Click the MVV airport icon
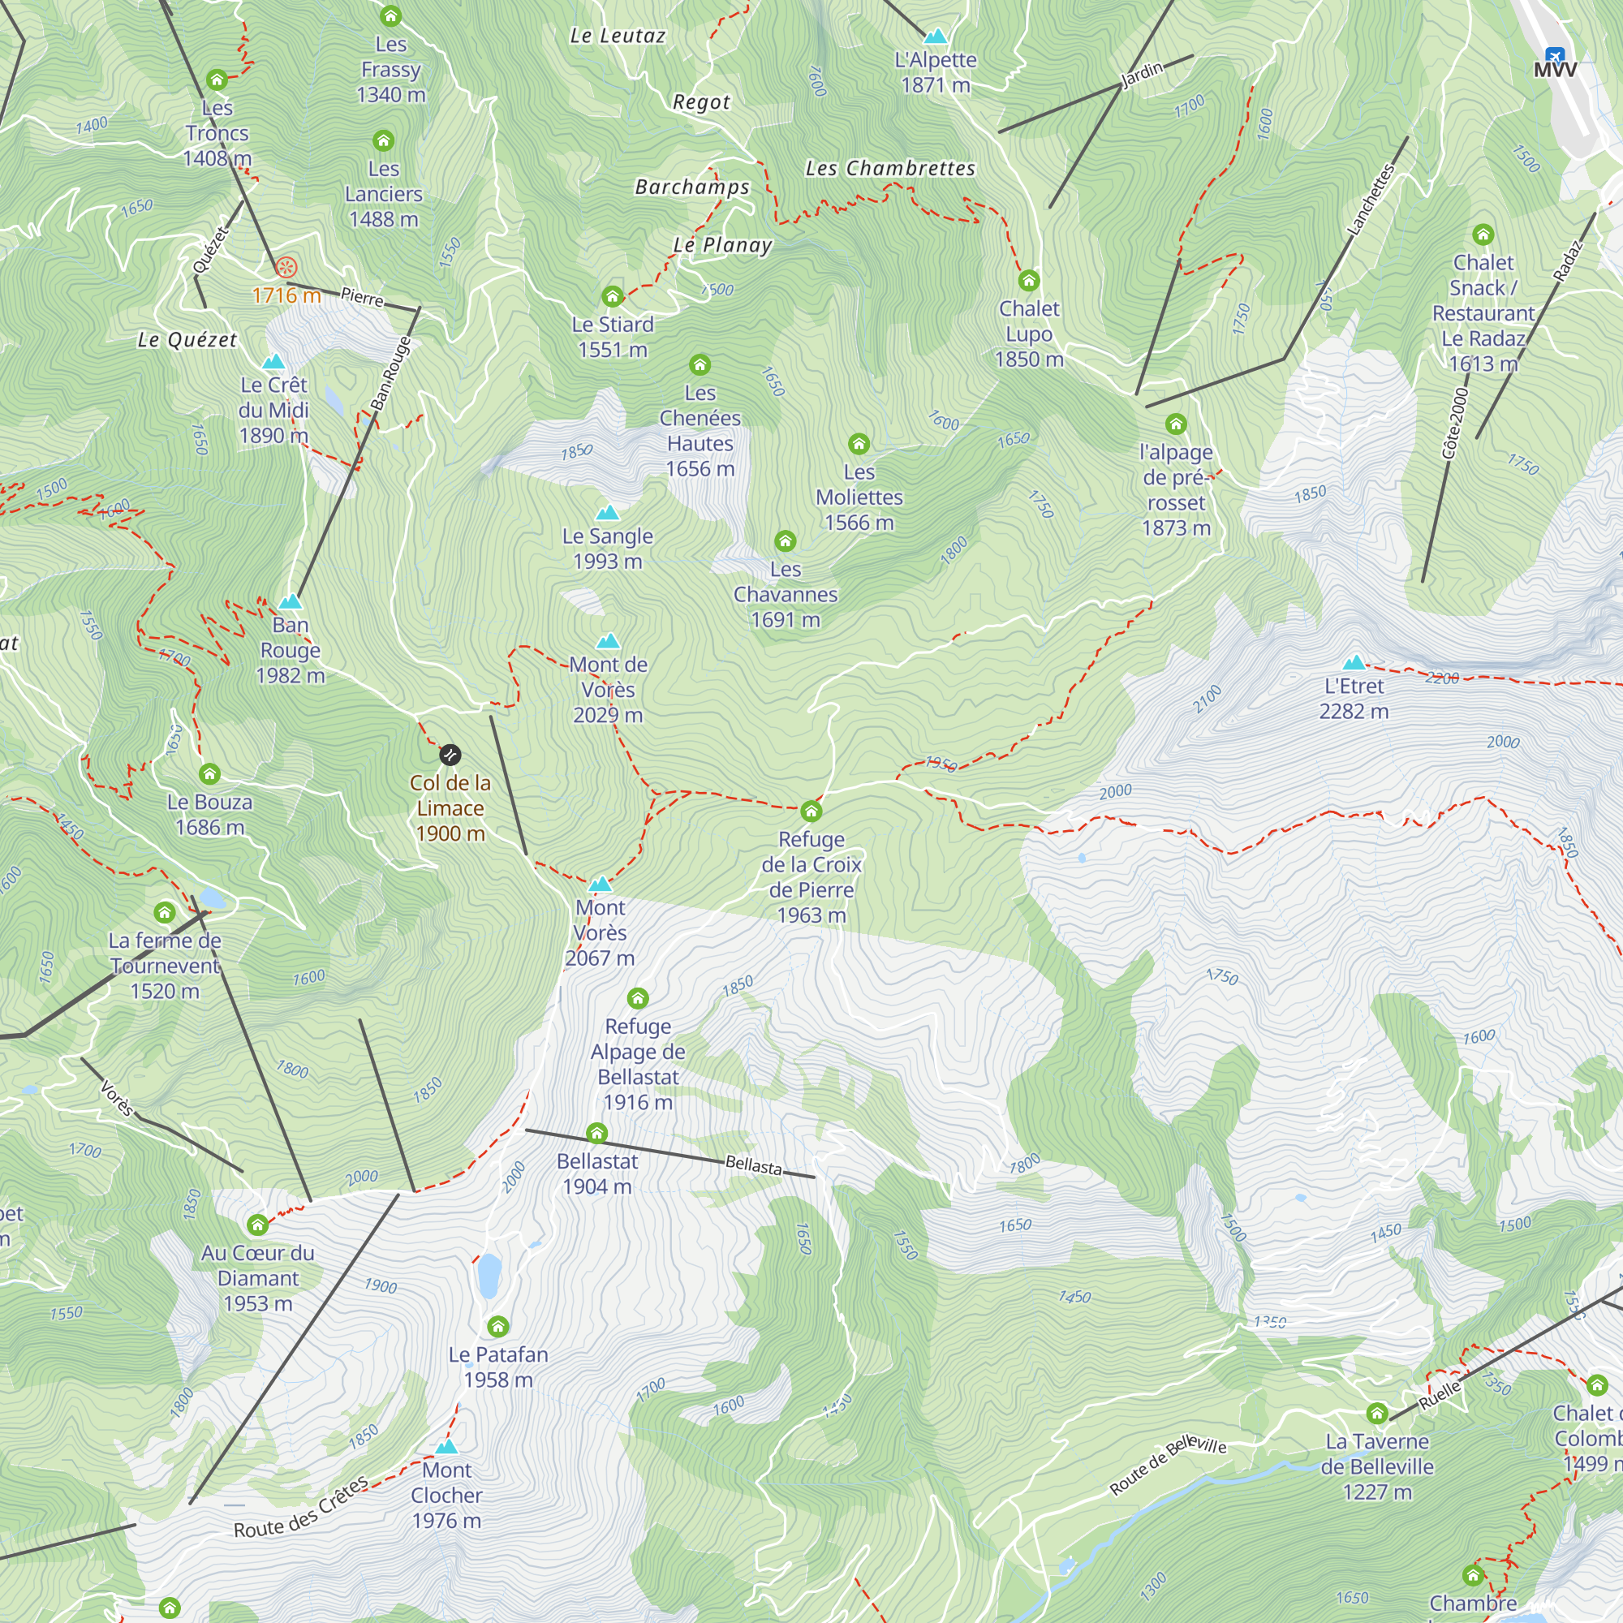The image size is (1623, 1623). (1554, 55)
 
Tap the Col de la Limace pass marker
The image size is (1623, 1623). (450, 755)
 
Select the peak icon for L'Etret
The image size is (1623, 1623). (1354, 663)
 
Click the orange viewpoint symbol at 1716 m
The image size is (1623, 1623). (286, 268)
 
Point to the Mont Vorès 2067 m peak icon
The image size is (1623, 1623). (600, 884)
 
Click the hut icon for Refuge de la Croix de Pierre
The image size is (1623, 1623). (811, 811)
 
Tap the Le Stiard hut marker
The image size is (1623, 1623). (613, 295)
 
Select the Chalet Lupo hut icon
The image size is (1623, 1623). (1028, 281)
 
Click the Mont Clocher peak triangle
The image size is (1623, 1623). (446, 1447)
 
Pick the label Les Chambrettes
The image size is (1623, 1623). (889, 168)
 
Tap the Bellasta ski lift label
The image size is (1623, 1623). (753, 1165)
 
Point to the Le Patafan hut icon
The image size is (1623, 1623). (497, 1327)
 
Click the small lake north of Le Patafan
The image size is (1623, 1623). (489, 1275)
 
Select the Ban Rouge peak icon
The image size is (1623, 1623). (290, 601)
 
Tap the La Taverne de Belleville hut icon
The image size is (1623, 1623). (1376, 1413)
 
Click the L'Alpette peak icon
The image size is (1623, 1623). (935, 37)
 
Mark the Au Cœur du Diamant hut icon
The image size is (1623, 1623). (258, 1224)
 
